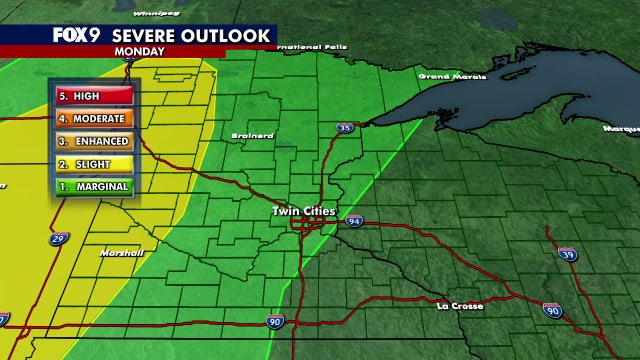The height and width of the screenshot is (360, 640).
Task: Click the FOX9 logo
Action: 77,35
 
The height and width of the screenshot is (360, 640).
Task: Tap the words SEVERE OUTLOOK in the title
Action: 191,36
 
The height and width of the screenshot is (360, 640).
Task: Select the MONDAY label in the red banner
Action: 140,49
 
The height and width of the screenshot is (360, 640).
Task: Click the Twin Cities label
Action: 305,212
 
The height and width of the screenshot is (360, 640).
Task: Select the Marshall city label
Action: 121,253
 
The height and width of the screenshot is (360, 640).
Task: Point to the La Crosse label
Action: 461,305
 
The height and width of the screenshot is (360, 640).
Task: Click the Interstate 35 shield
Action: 346,128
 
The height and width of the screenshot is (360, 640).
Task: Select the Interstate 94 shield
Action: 355,221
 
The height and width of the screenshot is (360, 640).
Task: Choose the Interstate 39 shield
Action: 567,254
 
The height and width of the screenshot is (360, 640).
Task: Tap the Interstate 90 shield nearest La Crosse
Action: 553,312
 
